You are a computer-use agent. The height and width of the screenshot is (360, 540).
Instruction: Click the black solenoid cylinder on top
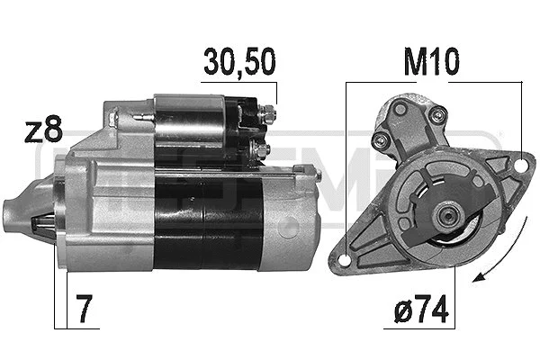pos(189,122)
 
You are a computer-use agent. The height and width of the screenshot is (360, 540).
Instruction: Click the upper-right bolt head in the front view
pos(438,113)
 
